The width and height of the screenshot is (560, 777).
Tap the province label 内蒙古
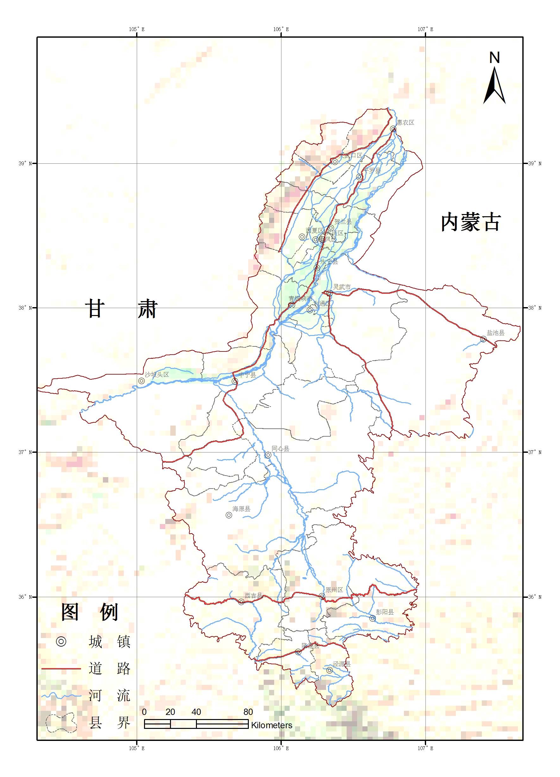pyautogui.click(x=471, y=223)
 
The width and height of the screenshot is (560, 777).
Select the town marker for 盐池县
pyautogui.click(x=483, y=339)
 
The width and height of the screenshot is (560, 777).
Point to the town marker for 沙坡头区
pyautogui.click(x=141, y=381)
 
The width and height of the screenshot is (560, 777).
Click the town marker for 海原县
pyautogui.click(x=229, y=515)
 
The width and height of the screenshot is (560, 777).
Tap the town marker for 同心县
pyautogui.click(x=268, y=455)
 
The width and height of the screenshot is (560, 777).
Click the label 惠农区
pyautogui.click(x=406, y=123)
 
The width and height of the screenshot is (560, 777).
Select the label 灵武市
pyautogui.click(x=342, y=287)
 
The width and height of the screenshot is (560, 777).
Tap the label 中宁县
pyautogui.click(x=247, y=375)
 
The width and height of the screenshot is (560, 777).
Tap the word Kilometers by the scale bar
pyautogui.click(x=272, y=726)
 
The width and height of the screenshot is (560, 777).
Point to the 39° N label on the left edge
pyautogui.click(x=25, y=164)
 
